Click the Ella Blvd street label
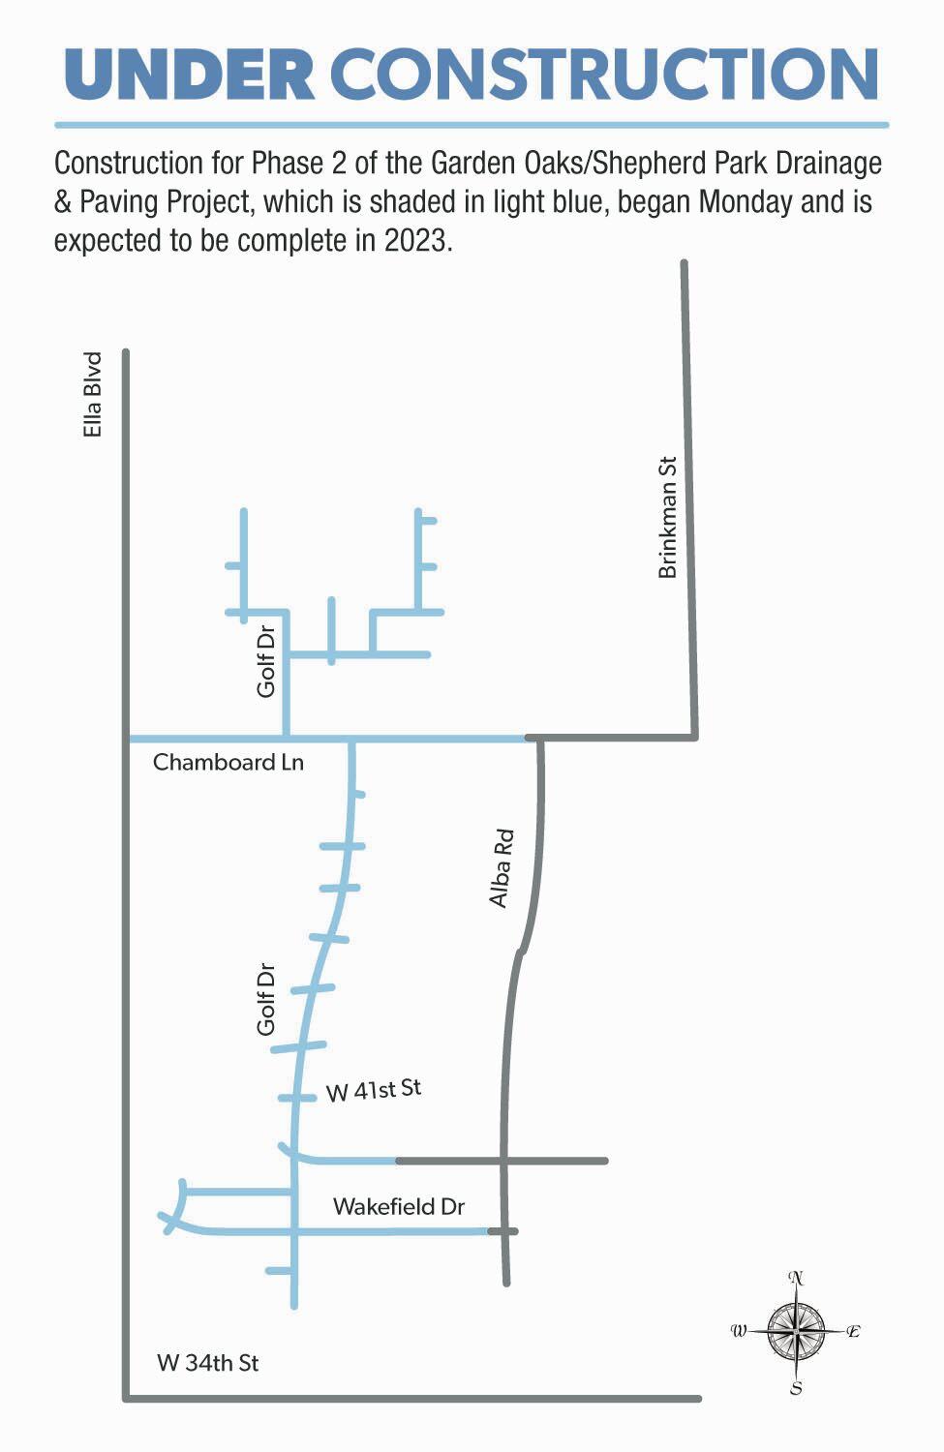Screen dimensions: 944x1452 point(92,395)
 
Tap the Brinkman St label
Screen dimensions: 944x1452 point(667,517)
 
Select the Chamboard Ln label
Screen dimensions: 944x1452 point(228,763)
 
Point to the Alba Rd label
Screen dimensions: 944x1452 point(502,868)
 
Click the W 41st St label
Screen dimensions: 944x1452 point(374,1090)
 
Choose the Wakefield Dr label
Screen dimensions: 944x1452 point(399,1207)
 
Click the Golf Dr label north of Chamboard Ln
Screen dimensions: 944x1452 point(266,662)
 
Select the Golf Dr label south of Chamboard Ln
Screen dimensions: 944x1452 point(266,1000)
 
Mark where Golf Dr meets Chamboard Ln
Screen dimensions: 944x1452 point(286,738)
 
